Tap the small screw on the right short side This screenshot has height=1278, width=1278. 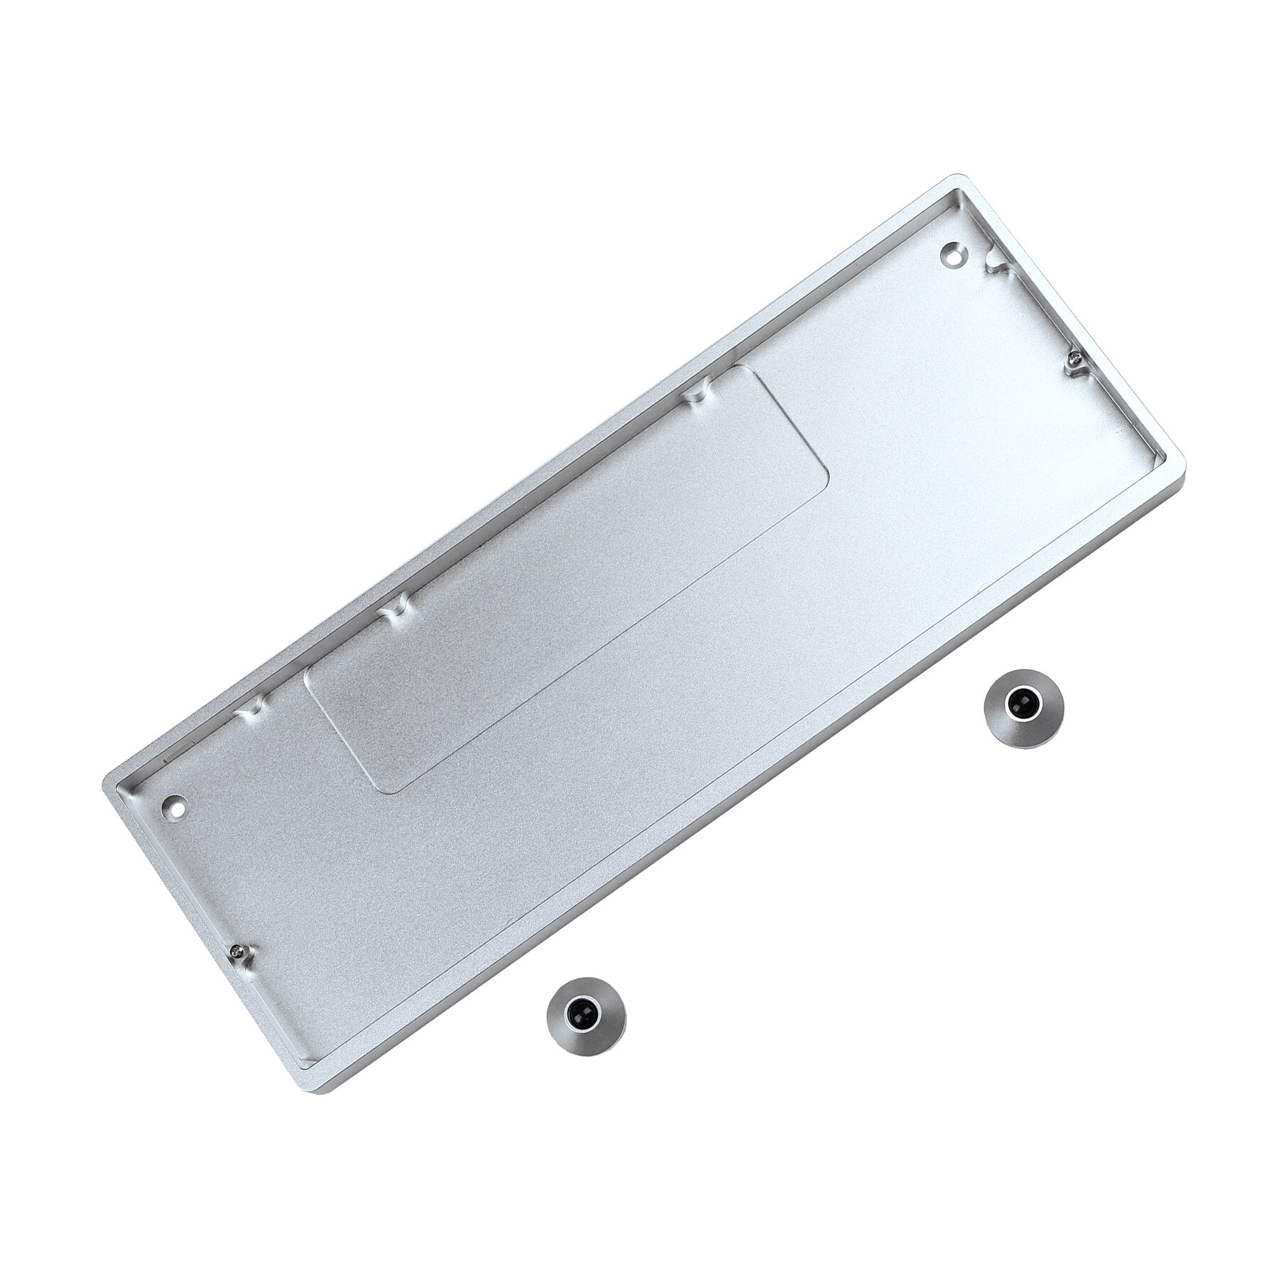(x=1076, y=364)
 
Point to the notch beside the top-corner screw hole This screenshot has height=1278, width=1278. (x=995, y=266)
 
